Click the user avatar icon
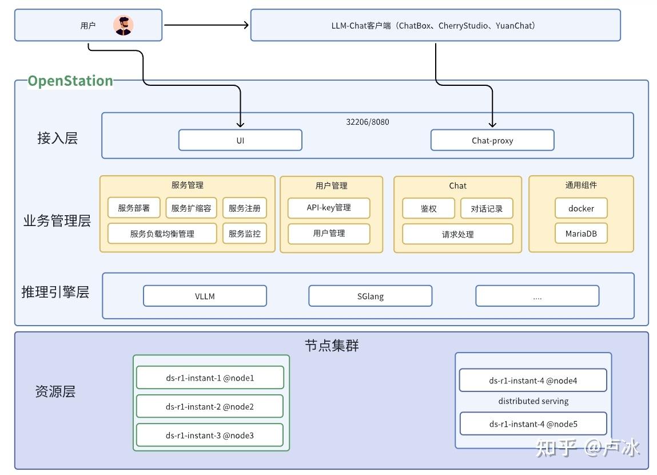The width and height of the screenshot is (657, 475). (x=123, y=26)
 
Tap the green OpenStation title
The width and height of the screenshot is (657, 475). (x=70, y=81)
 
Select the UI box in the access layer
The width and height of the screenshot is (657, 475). (x=240, y=140)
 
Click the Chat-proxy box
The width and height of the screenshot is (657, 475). (x=492, y=140)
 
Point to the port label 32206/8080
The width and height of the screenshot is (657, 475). (x=368, y=122)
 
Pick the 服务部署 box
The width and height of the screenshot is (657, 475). (x=134, y=208)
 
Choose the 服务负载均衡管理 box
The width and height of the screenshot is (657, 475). (x=162, y=233)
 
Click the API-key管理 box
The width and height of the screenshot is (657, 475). (x=329, y=208)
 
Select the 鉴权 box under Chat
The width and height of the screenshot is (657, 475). (x=428, y=208)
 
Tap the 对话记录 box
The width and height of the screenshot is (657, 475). (x=487, y=208)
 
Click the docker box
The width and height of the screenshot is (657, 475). (x=581, y=208)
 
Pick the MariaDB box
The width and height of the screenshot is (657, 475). (x=581, y=233)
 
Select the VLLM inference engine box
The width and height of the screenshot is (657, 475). (x=205, y=296)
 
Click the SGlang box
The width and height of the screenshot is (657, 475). (x=371, y=296)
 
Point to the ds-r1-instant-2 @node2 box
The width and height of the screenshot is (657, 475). (x=209, y=406)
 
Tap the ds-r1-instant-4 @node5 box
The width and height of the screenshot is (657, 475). (x=533, y=424)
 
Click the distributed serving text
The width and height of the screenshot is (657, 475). (x=533, y=401)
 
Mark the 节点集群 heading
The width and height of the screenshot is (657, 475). (x=332, y=346)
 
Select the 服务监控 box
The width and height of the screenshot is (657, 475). (x=245, y=233)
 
